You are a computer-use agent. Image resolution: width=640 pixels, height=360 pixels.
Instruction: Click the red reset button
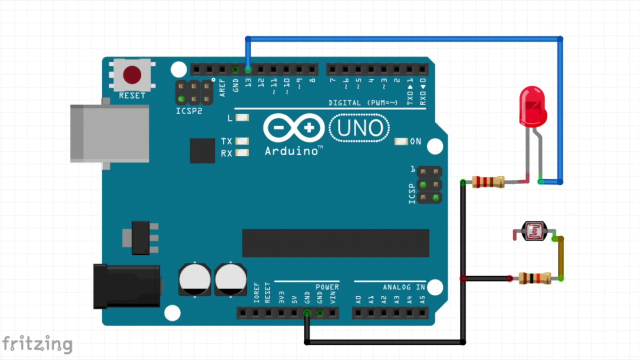pos(132,75)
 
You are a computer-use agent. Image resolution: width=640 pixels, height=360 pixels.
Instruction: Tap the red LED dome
pos(533,106)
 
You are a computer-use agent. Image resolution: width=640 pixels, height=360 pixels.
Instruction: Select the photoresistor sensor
pos(534,231)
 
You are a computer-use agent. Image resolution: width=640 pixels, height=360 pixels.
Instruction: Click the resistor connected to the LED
pos(488,182)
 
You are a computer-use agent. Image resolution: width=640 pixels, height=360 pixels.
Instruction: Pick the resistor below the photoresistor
pos(535,278)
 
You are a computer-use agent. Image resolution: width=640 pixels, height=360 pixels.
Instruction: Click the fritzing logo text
pos(37,344)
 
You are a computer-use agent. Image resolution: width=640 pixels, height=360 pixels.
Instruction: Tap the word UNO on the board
pos(359,128)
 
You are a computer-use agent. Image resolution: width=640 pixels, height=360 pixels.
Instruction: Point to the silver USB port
pos(110,133)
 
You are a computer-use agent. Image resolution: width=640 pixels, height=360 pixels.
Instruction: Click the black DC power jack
pos(127,286)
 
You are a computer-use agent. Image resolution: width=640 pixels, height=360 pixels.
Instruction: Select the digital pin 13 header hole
pos(248,69)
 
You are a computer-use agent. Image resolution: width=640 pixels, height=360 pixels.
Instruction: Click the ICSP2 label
pos(189,111)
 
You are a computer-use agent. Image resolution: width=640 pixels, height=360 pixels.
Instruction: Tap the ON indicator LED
pos(401,141)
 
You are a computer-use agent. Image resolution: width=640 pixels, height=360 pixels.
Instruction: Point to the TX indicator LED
pos(242,141)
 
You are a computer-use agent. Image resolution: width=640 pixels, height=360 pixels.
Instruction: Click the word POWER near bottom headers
pos(327,287)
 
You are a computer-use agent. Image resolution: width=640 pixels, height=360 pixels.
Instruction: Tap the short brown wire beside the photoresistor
pos(561,258)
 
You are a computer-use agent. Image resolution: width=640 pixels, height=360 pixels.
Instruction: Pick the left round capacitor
pos(195,279)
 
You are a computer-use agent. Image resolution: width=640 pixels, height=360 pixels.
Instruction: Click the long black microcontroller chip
pos(335,243)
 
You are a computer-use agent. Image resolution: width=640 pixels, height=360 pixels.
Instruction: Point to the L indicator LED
pos(242,117)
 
